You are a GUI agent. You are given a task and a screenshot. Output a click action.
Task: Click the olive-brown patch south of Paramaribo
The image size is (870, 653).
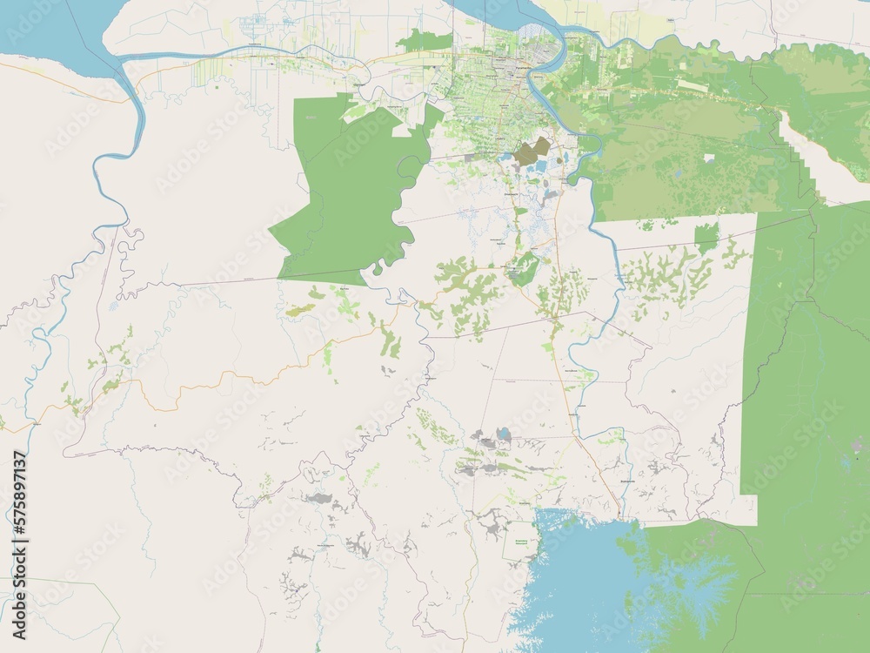[531, 151]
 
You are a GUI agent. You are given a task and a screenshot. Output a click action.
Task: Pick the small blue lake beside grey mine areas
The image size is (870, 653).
[503, 433]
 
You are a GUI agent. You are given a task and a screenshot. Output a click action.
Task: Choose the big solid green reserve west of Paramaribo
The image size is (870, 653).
[348, 192]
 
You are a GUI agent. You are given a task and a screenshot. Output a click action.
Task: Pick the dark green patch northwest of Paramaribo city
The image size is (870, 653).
[426, 39]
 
